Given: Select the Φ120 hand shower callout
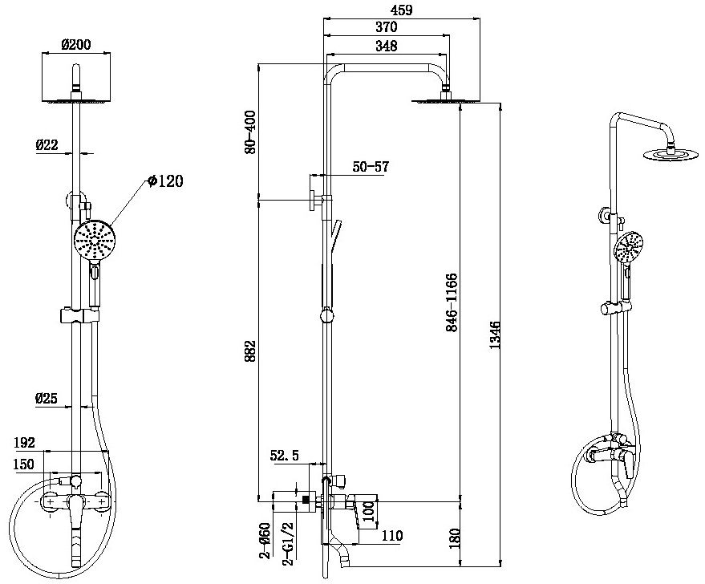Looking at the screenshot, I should click(x=166, y=182).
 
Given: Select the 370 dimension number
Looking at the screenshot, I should click(x=386, y=27).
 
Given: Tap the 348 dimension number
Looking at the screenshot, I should click(x=386, y=46).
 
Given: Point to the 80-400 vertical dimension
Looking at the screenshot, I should click(x=251, y=132).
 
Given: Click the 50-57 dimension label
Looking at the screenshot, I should click(x=370, y=167).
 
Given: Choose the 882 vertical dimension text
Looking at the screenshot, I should click(x=251, y=351).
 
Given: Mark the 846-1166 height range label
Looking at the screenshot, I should click(x=452, y=303).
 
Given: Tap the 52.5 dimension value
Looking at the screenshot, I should click(x=285, y=456).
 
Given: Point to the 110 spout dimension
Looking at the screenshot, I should click(x=391, y=536).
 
